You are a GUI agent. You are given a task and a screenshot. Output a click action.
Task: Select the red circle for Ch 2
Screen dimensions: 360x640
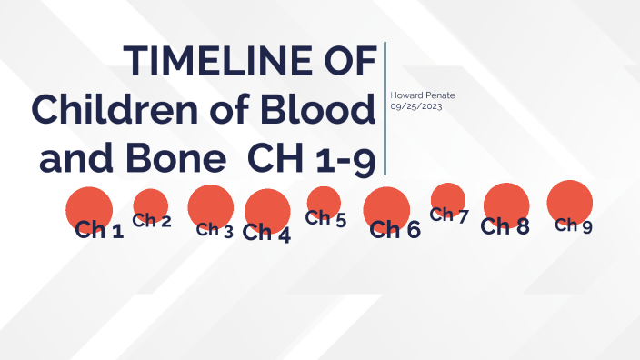click(151, 203)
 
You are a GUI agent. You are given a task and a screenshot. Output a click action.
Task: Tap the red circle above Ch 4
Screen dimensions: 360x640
click(267, 208)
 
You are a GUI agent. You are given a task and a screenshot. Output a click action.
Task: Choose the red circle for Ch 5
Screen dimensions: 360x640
click(324, 200)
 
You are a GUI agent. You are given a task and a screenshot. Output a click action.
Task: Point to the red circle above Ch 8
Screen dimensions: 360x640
click(506, 204)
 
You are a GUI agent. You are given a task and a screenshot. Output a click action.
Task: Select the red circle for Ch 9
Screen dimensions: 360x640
click(570, 202)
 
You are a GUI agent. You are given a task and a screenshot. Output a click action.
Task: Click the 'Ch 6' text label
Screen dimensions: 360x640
click(395, 230)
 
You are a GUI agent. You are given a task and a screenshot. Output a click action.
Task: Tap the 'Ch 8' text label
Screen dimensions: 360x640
click(505, 226)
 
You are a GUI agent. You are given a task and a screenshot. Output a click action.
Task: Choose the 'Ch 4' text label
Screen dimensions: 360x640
click(267, 234)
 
